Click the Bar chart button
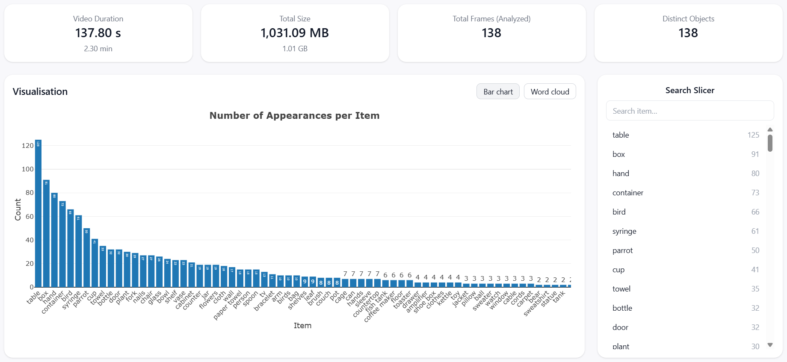[x=498, y=91]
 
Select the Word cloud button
[x=550, y=91]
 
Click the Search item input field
[x=689, y=111]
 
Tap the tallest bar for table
[x=38, y=214]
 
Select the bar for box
[x=46, y=233]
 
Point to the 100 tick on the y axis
[x=28, y=169]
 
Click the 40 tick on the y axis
[x=29, y=240]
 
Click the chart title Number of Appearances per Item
[x=294, y=115]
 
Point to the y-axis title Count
[x=18, y=209]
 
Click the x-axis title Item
[x=302, y=326]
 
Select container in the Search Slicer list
[x=628, y=193]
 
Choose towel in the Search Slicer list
[x=621, y=289]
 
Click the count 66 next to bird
[x=755, y=212]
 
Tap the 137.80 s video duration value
[x=98, y=33]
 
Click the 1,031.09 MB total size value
[x=295, y=33]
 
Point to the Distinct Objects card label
[x=688, y=19]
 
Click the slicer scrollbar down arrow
[x=770, y=345]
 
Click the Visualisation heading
[x=40, y=91]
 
